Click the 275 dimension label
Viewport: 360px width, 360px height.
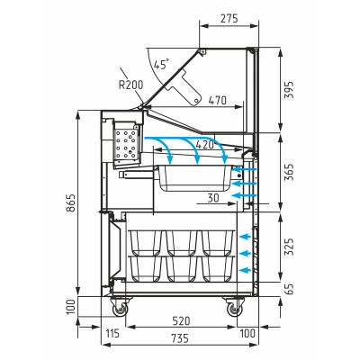coord(229,19)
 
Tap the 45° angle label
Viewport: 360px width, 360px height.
coord(161,65)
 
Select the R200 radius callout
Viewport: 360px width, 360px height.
coord(131,85)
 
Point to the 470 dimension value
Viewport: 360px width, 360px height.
coord(217,101)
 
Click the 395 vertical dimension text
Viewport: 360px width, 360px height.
coord(289,90)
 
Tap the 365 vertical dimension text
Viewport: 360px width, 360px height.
coord(289,173)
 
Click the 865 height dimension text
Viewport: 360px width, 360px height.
coord(71,203)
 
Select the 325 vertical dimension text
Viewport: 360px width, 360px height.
coord(289,247)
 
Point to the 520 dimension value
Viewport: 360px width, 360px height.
coord(181,320)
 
